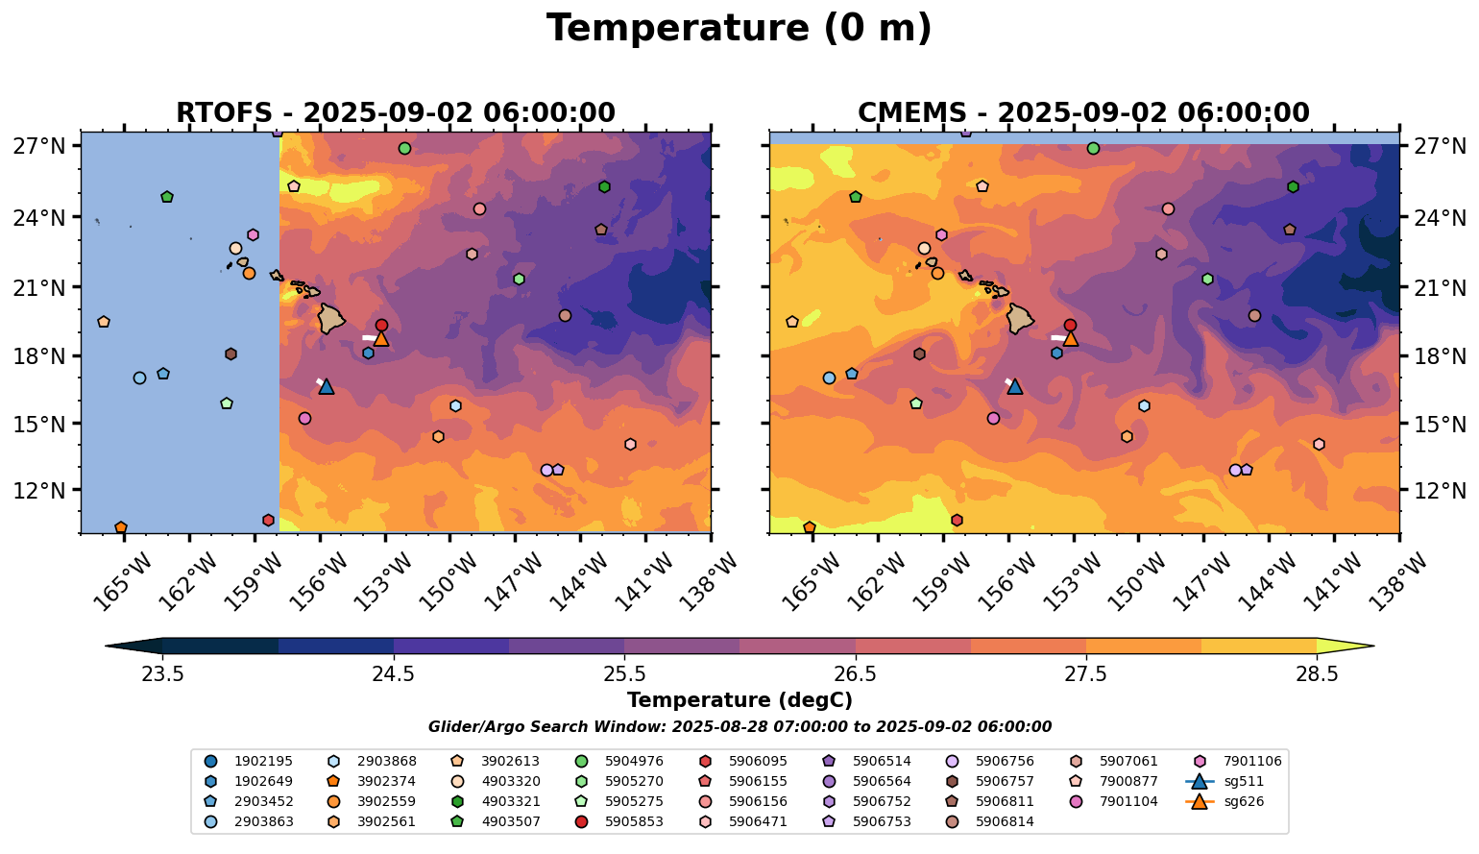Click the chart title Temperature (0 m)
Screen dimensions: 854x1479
739,29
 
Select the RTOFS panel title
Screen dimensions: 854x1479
395,112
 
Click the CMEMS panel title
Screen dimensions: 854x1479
1083,112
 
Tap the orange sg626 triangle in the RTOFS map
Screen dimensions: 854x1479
381,338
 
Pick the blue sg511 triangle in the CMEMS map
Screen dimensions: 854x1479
1015,386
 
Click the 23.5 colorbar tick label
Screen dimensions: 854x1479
162,674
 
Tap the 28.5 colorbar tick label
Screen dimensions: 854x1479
1317,674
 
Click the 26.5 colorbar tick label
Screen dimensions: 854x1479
856,674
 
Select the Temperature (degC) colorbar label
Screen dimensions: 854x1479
739,700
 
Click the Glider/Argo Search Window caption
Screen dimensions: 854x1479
739,727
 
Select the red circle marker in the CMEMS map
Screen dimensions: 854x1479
1070,326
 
